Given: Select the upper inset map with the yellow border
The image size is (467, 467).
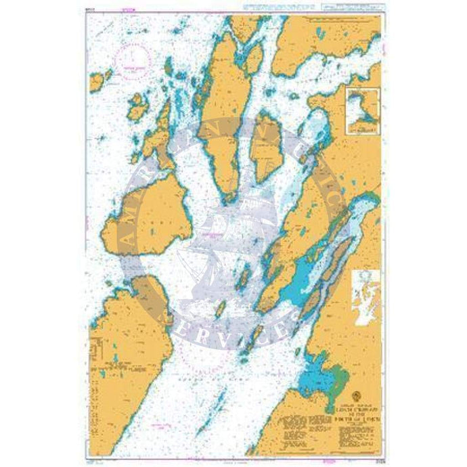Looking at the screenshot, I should (x=362, y=109).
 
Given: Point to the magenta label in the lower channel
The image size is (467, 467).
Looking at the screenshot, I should (x=161, y=426).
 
